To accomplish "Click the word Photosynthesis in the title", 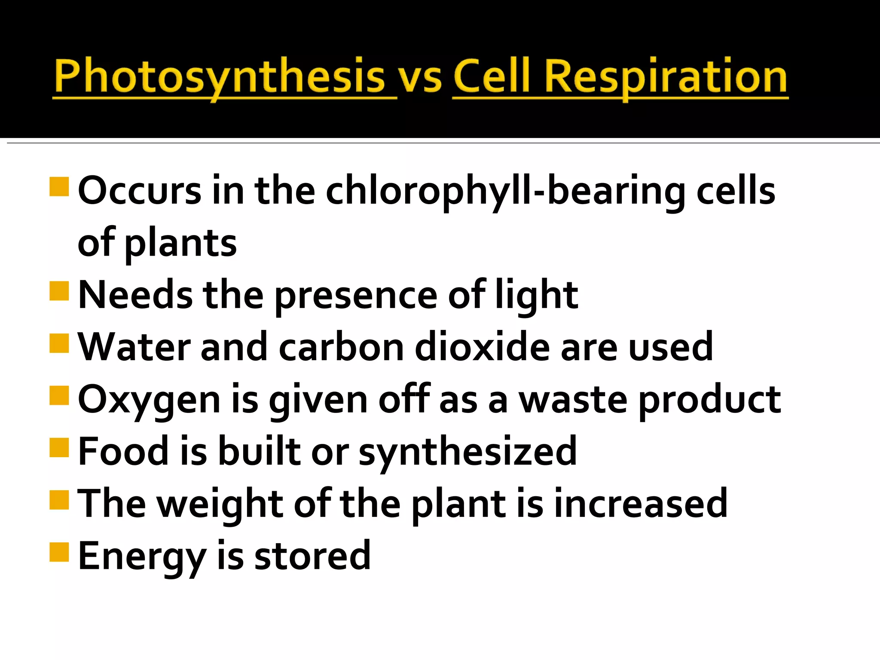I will pyautogui.click(x=219, y=76).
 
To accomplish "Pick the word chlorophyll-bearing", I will pyautogui.click(x=505, y=191).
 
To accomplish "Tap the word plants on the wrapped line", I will pyautogui.click(x=180, y=243).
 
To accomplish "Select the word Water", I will pyautogui.click(x=134, y=347).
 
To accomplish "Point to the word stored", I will pyautogui.click(x=312, y=556).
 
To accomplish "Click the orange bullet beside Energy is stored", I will pyautogui.click(x=59, y=552).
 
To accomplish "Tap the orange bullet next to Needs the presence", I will pyautogui.click(x=59, y=291).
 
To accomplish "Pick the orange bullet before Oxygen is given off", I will pyautogui.click(x=59, y=396).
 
